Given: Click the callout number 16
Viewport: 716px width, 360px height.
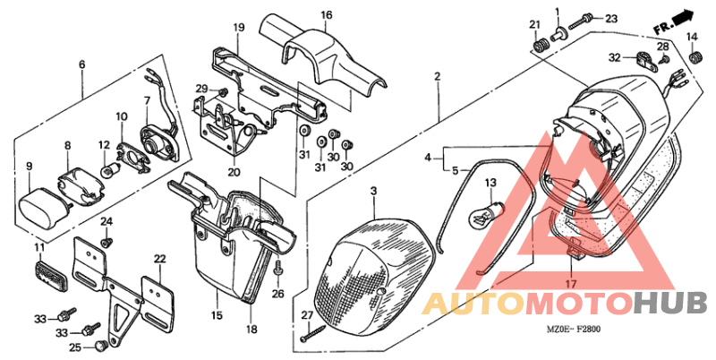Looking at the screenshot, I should click(x=327, y=15).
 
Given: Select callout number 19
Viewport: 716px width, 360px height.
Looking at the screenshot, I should click(x=239, y=29).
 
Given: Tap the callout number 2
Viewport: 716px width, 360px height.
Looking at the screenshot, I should click(x=438, y=77).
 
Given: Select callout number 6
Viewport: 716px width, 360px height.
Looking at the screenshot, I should click(x=81, y=64).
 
